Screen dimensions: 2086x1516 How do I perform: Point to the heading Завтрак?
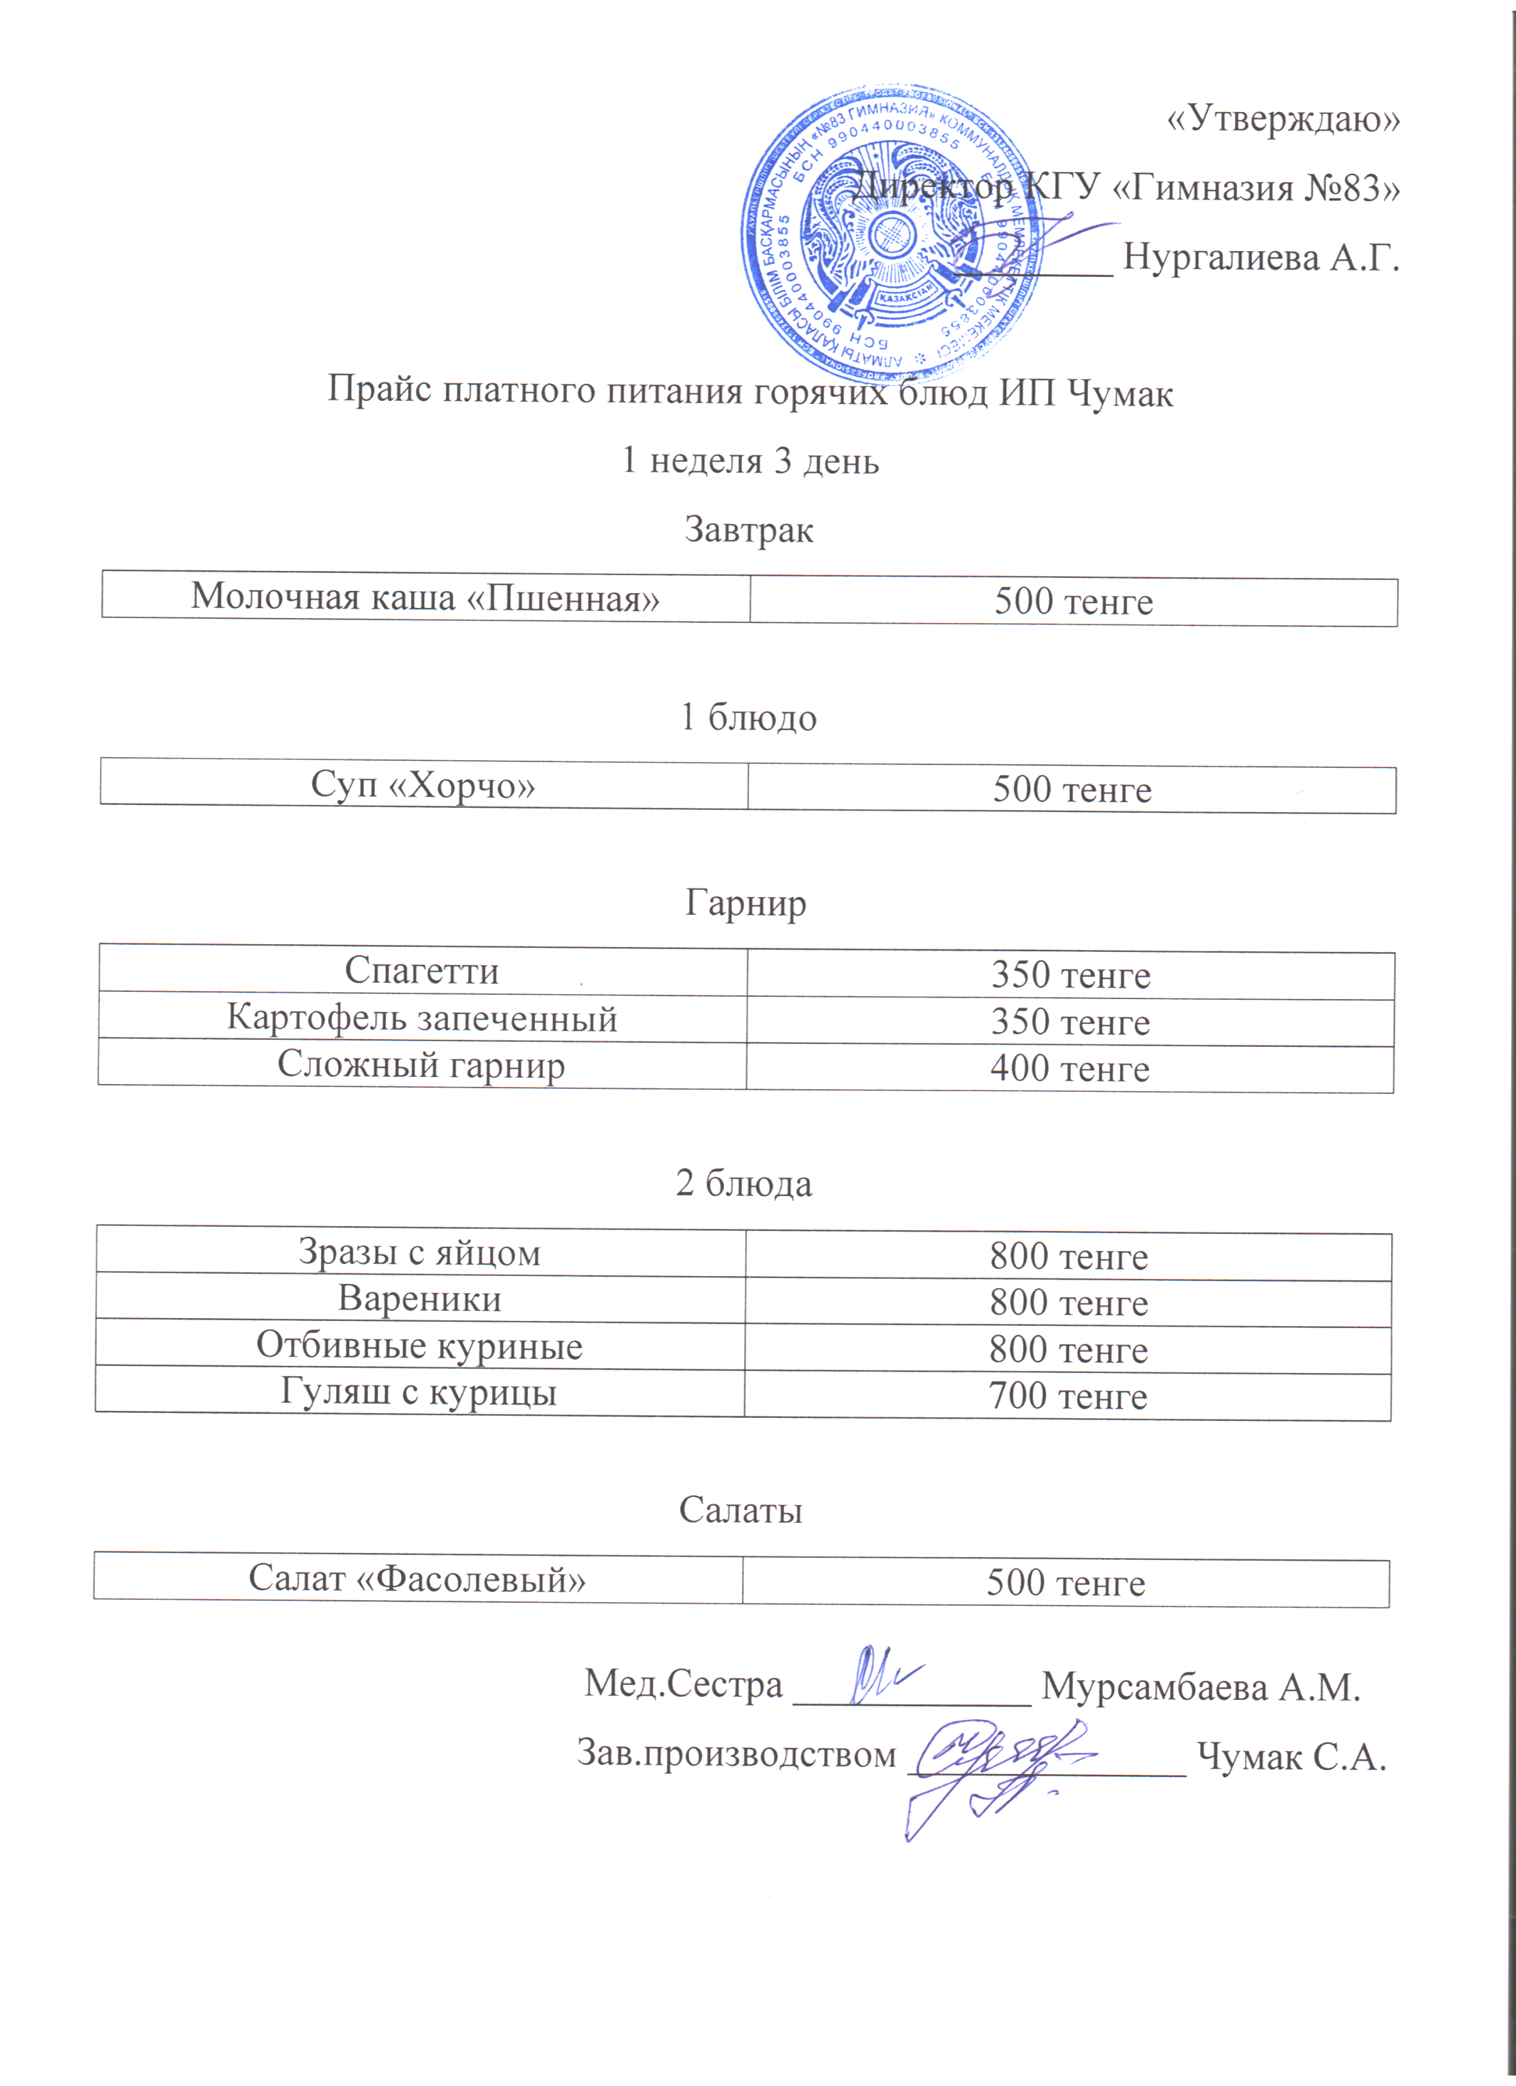click(x=748, y=531)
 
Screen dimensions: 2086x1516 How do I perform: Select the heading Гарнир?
click(x=746, y=903)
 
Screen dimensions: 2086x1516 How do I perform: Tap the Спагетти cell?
click(x=422, y=971)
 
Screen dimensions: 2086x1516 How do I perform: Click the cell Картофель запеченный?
click(x=422, y=1019)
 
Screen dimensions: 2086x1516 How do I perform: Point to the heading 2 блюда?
click(x=744, y=1184)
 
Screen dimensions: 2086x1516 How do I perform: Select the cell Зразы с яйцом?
click(x=419, y=1252)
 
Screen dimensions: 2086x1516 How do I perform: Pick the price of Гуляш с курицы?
click(x=1067, y=1396)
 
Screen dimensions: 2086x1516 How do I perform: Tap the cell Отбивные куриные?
click(x=419, y=1346)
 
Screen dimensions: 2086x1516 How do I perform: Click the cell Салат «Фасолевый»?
click(x=417, y=1579)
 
